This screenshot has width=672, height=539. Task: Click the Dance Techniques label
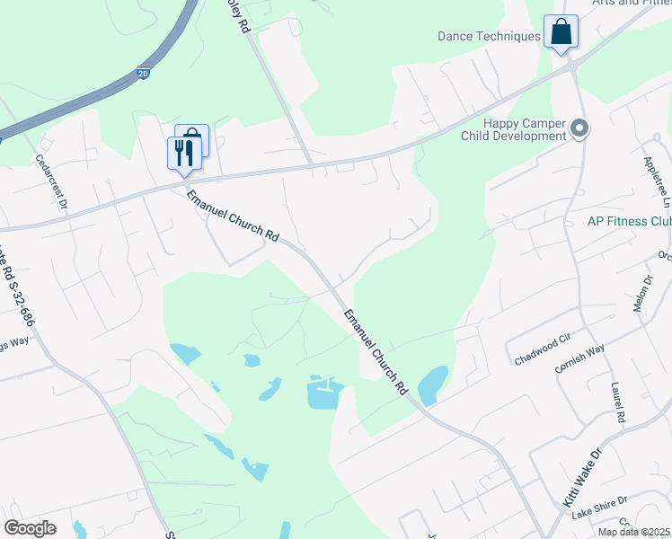(x=489, y=37)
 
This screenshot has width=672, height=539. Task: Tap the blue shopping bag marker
(x=561, y=32)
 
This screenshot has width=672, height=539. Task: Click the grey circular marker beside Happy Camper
(x=579, y=130)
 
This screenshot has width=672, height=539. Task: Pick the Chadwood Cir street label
(x=543, y=348)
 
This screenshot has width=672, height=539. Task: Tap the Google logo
(x=30, y=528)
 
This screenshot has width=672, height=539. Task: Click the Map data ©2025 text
(x=632, y=532)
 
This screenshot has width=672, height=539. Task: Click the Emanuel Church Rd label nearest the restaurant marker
(x=233, y=216)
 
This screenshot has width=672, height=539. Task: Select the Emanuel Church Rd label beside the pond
(x=376, y=353)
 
